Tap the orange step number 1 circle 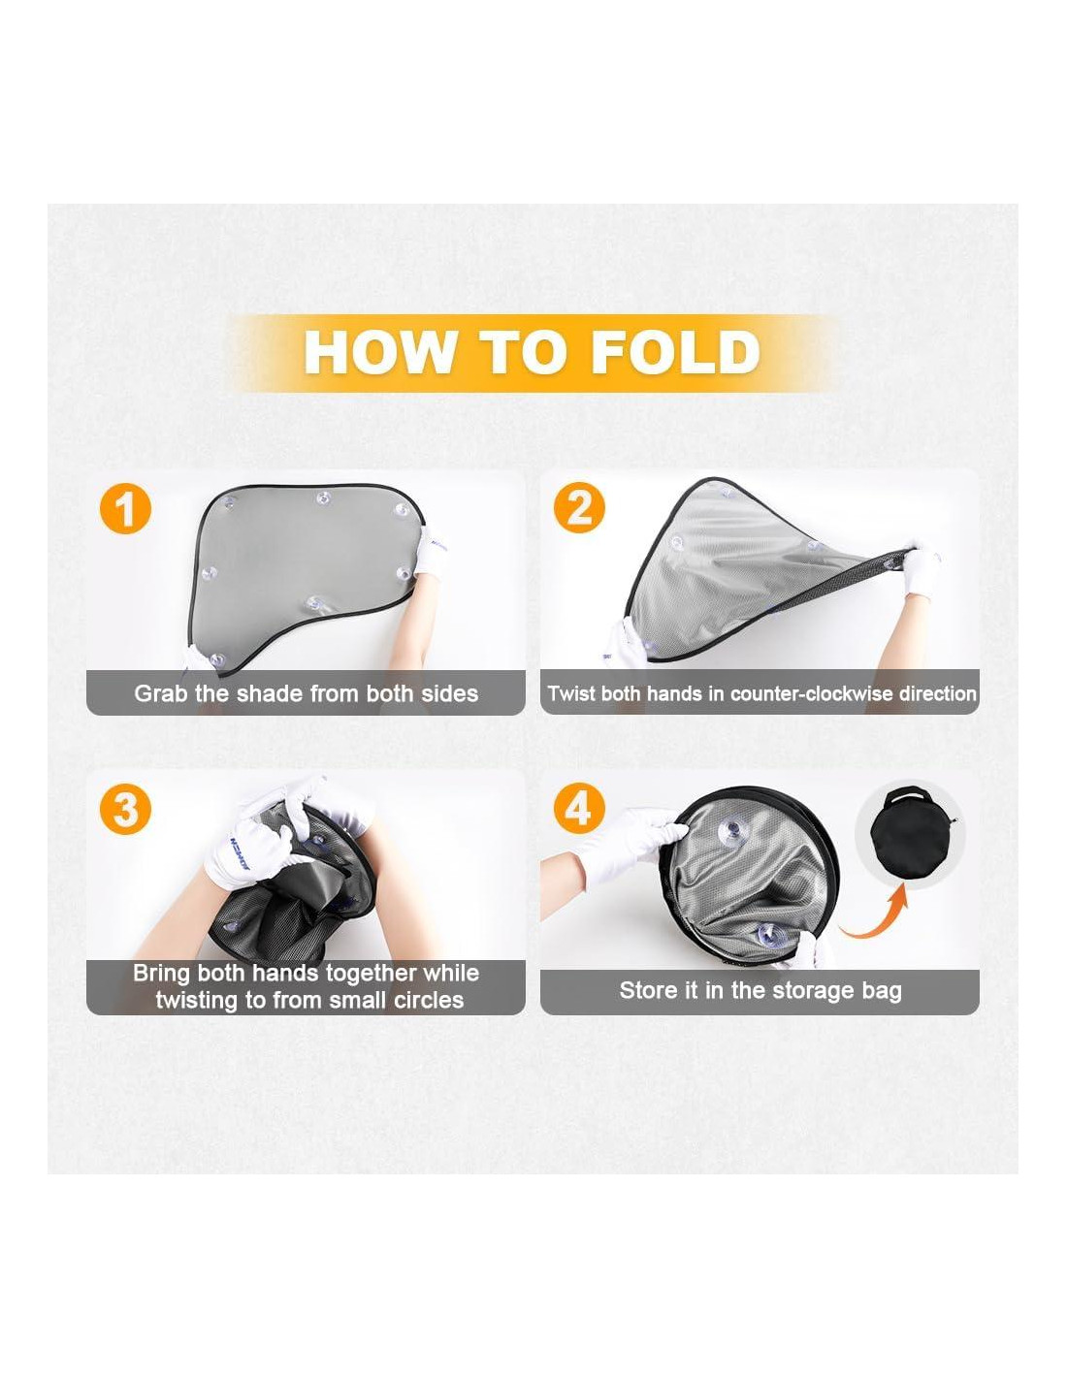[x=126, y=508]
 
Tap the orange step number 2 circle [x=579, y=508]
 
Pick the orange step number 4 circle [x=579, y=810]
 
